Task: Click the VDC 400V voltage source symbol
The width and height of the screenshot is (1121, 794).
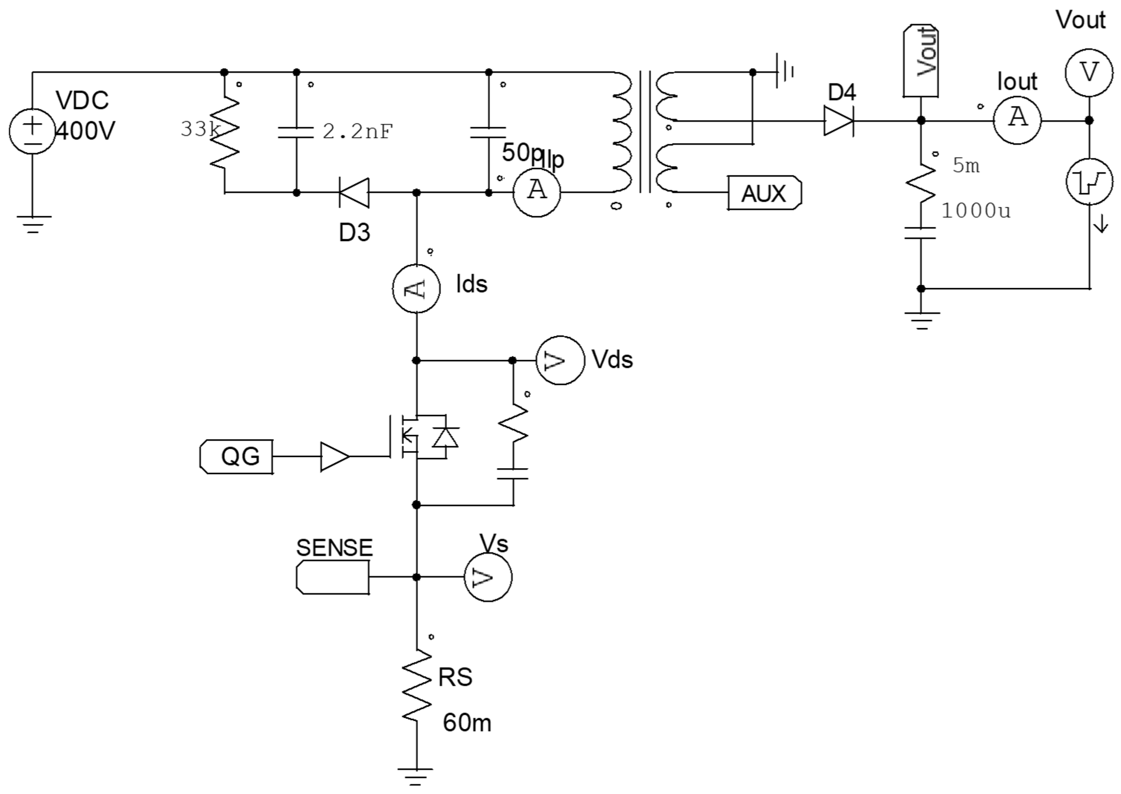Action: click(32, 131)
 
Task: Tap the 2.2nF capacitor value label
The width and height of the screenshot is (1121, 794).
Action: click(357, 131)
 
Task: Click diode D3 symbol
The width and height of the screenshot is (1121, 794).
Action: click(354, 193)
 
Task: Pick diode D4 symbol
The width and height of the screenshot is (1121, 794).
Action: click(839, 121)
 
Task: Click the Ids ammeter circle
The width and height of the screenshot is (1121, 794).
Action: click(416, 288)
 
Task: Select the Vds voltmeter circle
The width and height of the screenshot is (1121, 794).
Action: click(560, 360)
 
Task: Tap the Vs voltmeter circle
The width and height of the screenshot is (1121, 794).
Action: click(488, 577)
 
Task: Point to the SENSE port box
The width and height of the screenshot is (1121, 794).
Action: click(333, 577)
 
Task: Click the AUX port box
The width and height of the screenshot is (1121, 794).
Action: click(764, 193)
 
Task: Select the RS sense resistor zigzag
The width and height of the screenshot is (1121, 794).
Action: click(416, 685)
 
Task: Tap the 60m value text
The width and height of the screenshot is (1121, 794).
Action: click(466, 723)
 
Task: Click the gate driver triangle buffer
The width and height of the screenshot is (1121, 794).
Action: click(334, 457)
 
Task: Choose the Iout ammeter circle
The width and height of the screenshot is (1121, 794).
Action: click(1017, 120)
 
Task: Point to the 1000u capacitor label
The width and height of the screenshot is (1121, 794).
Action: click(975, 211)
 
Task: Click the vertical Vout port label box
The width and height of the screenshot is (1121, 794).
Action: click(920, 60)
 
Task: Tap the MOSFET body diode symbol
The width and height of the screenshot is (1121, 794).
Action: click(445, 437)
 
